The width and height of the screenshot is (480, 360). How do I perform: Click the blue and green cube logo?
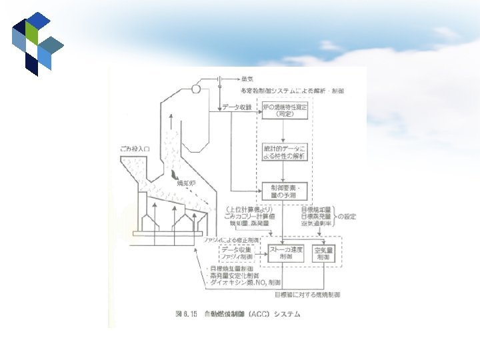pyautogui.click(x=37, y=43)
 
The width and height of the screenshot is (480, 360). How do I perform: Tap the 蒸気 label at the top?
pyautogui.click(x=247, y=79)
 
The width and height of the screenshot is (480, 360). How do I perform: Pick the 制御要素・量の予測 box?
pyautogui.click(x=285, y=191)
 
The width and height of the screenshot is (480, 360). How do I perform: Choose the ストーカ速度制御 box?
pyautogui.click(x=286, y=253)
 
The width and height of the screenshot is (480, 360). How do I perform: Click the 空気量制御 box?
pyautogui.click(x=323, y=253)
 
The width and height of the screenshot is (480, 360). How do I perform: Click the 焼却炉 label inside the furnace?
pyautogui.click(x=185, y=182)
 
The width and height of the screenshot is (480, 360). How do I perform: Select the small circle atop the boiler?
pyautogui.click(x=196, y=88)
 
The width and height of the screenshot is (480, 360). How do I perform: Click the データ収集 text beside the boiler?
pyautogui.click(x=237, y=107)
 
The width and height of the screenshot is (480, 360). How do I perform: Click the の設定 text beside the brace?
pyautogui.click(x=347, y=216)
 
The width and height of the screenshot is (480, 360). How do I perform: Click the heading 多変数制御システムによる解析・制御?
pyautogui.click(x=293, y=90)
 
